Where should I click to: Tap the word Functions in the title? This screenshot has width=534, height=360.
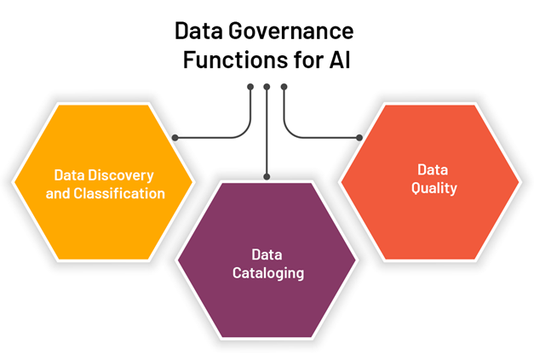(x=229, y=61)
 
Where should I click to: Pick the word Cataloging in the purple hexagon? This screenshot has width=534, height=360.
(x=267, y=273)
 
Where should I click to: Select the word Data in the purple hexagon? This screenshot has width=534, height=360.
(x=267, y=254)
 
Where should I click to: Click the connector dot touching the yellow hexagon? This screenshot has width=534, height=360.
(x=175, y=137)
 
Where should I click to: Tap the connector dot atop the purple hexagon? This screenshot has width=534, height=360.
(x=267, y=177)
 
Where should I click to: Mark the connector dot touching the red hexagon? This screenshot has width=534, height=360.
(x=359, y=137)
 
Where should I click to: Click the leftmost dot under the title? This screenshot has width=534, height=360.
(x=250, y=86)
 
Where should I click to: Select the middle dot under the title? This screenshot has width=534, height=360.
(x=267, y=86)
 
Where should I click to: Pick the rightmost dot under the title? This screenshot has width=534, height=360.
(x=284, y=86)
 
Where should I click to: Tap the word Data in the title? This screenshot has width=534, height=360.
(x=195, y=32)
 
